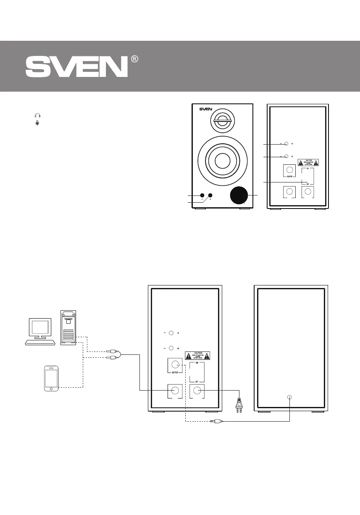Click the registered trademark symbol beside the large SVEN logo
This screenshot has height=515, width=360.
(135, 60)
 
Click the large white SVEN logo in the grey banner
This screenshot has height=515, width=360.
(76, 67)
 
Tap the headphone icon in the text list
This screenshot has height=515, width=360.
(37, 116)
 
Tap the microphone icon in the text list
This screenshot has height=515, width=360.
(37, 123)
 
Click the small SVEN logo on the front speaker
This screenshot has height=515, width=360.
(206, 110)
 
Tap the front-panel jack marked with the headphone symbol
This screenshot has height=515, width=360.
(202, 195)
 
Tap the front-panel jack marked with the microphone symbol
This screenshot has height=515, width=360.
(210, 195)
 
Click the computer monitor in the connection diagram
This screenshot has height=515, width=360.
(40, 328)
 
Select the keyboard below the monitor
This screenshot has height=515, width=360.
(40, 342)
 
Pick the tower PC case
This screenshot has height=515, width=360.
(68, 328)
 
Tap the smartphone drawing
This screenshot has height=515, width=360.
(51, 378)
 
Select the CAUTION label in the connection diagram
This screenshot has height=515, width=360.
(197, 355)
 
